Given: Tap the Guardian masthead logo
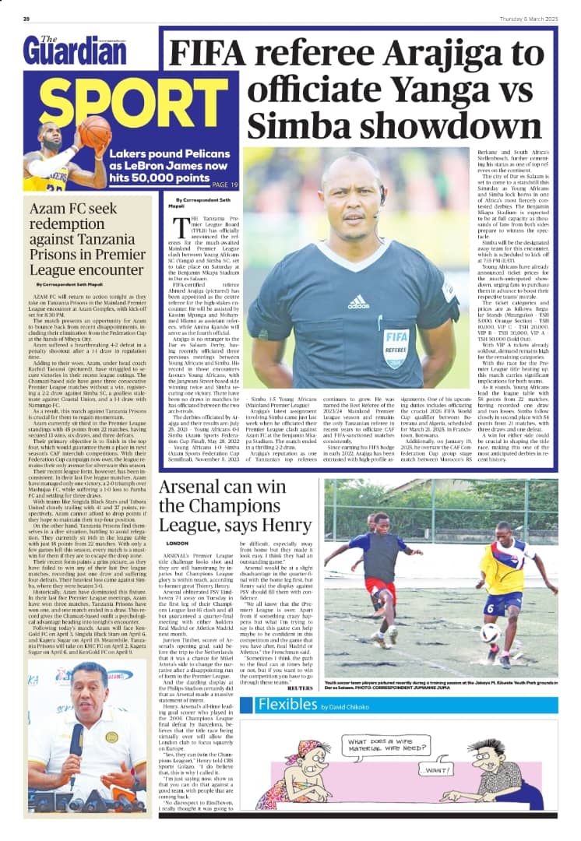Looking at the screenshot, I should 75,51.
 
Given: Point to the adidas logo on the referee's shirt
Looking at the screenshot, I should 358,301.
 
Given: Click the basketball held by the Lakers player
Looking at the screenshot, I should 95,132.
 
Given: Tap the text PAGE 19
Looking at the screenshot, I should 224,185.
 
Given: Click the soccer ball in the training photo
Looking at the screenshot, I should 489,632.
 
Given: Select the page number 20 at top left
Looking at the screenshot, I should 26,19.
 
